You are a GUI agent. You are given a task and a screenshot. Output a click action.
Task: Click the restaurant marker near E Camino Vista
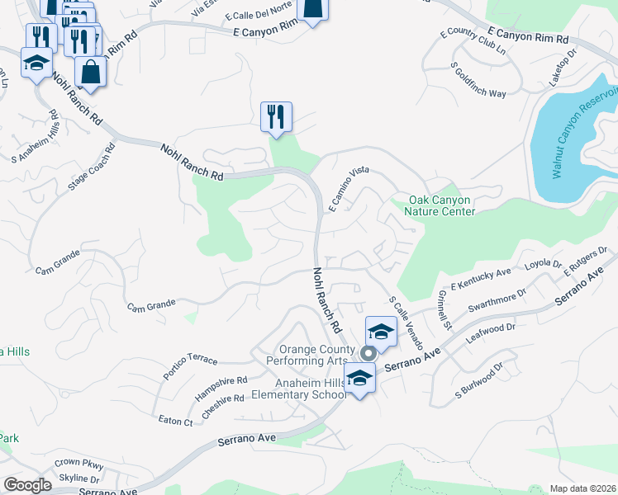pyautogui.click(x=276, y=116)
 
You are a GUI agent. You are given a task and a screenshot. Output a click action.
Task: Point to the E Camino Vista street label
pyautogui.click(x=348, y=190)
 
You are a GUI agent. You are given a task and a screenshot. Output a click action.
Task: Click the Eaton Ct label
pyautogui.click(x=175, y=421)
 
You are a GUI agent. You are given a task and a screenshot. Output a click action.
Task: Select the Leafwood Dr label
pyautogui.click(x=490, y=332)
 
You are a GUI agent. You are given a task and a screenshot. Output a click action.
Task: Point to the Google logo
pyautogui.click(x=27, y=485)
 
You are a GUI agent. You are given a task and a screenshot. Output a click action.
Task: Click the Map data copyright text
pyautogui.click(x=583, y=488)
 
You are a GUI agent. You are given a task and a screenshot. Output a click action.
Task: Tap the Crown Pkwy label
pyautogui.click(x=78, y=464)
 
